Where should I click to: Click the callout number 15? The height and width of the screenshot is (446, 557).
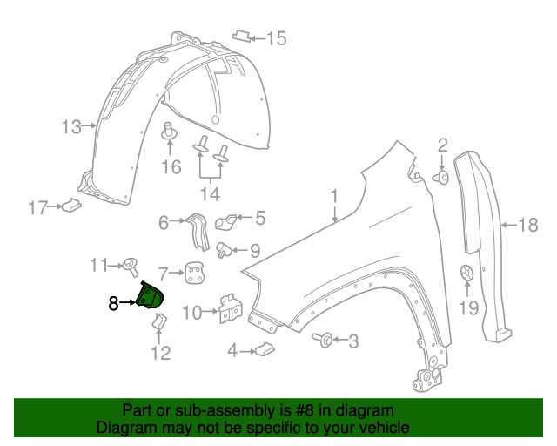tap(276, 37)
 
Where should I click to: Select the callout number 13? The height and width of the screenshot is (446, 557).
tap(70, 127)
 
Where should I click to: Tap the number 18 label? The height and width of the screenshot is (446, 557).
tap(529, 226)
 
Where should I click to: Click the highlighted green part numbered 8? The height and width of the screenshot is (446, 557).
tap(151, 296)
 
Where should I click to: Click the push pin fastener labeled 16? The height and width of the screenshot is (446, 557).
tap(170, 132)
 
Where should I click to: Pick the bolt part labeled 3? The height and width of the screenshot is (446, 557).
tap(321, 339)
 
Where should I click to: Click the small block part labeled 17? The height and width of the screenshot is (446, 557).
tap(70, 206)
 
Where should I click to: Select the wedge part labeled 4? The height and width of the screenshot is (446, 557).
tap(264, 350)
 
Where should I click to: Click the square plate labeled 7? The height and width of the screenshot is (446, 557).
tap(193, 275)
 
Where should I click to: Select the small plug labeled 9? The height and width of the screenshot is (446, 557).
tap(225, 250)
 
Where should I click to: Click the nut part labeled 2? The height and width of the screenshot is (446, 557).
tap(441, 178)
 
